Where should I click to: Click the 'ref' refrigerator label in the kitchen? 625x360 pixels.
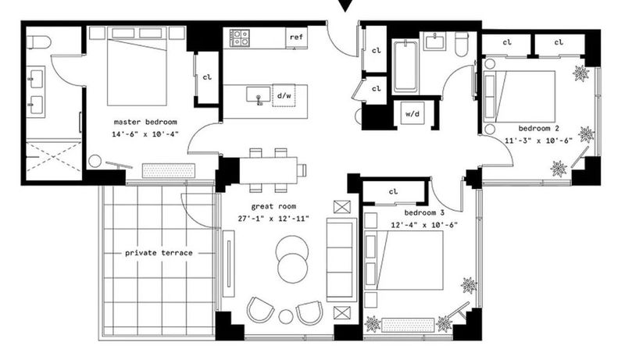296,37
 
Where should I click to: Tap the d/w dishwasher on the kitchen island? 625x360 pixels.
284,95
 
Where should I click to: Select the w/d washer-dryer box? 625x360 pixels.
412,113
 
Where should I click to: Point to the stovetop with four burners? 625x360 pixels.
240,37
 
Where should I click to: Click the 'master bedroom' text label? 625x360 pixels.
145,122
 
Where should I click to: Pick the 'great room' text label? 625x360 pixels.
273,206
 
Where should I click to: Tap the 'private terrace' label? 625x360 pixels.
159,253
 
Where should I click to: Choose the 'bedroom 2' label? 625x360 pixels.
538,128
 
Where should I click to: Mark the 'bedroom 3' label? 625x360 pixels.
424,212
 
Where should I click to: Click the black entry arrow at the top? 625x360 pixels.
345,5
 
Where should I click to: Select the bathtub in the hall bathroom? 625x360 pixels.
405,66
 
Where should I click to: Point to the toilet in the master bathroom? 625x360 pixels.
39,42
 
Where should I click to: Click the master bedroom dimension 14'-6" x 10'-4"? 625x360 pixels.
145,134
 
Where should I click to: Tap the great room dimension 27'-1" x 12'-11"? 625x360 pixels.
273,218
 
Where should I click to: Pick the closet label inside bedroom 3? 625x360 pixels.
394,191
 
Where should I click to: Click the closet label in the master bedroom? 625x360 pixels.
207,77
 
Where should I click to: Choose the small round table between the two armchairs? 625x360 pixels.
286,316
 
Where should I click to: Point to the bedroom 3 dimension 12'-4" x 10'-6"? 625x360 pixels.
424,225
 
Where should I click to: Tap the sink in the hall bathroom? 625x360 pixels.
435,42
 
